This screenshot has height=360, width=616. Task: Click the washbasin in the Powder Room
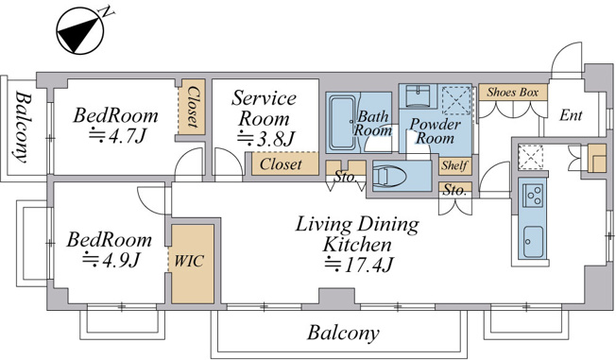(418, 95)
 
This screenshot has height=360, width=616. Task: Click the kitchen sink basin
(534, 241)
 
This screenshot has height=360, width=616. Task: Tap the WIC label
(189, 261)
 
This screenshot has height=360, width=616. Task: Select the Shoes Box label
(513, 93)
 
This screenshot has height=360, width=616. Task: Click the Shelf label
(454, 165)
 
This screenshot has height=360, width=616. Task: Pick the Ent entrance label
(571, 115)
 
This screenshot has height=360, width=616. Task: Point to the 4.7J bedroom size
(117, 136)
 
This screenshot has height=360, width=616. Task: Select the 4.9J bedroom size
(111, 260)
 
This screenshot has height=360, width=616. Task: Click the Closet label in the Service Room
(281, 163)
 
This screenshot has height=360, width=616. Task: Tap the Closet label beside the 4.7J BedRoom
(192, 107)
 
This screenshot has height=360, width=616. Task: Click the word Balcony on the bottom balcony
(343, 333)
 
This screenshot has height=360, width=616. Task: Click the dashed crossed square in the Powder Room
(455, 100)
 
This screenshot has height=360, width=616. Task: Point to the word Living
(317, 225)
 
